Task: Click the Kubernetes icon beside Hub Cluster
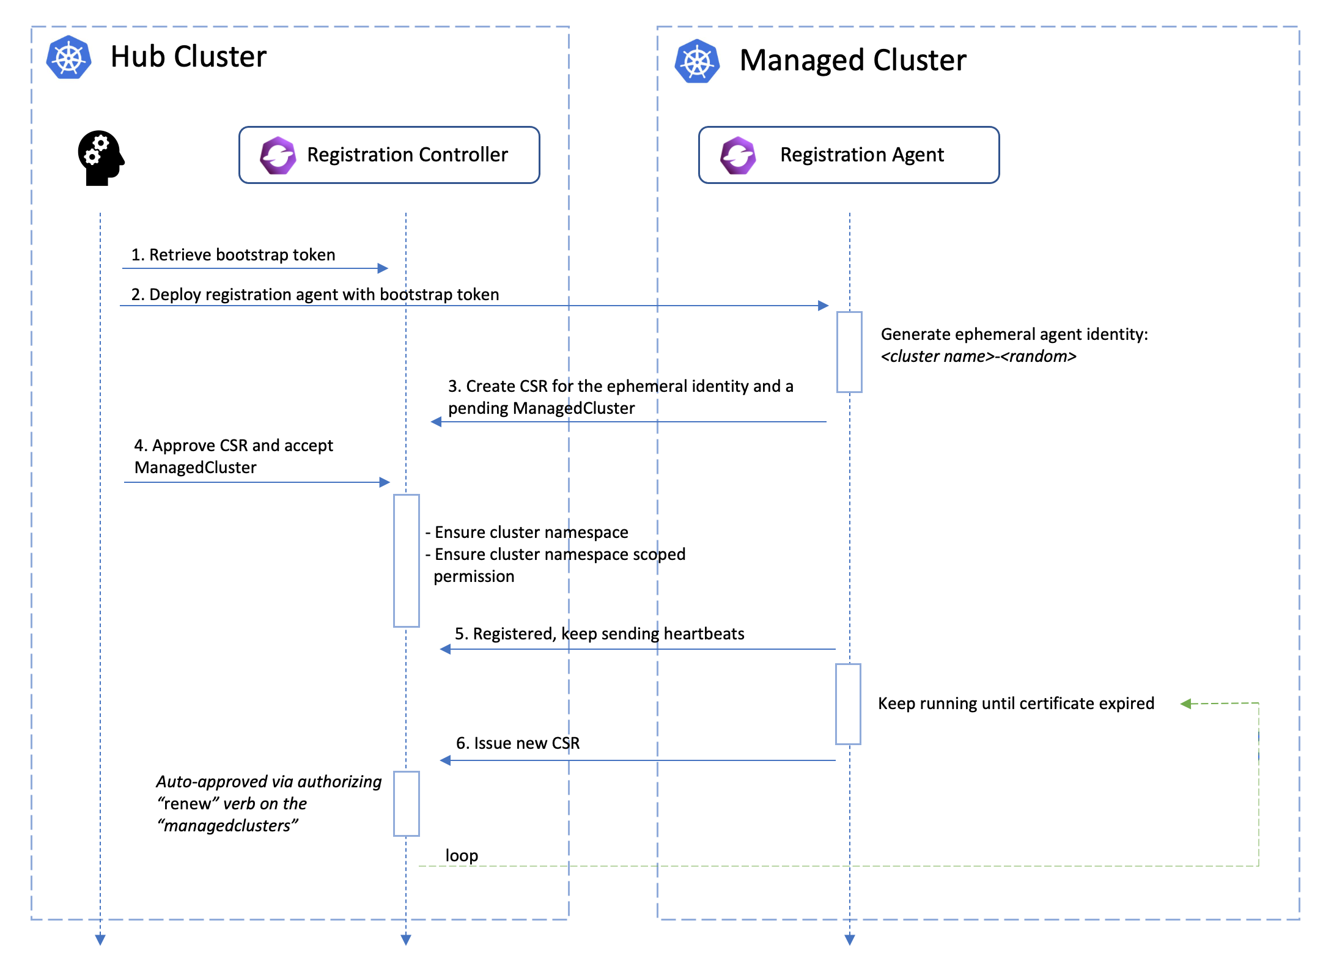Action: pyautogui.click(x=69, y=57)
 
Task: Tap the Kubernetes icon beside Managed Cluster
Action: pyautogui.click(x=697, y=61)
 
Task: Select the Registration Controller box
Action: pyautogui.click(x=389, y=155)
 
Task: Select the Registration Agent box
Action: pyautogui.click(x=849, y=155)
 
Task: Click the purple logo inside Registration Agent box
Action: pyautogui.click(x=738, y=155)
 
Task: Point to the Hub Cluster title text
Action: pyautogui.click(x=188, y=57)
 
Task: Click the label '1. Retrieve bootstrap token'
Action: pyautogui.click(x=233, y=255)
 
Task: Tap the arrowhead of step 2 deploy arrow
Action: pyautogui.click(x=824, y=306)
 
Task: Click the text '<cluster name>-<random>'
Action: pyautogui.click(x=978, y=356)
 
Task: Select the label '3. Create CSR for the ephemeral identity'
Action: pyautogui.click(x=620, y=386)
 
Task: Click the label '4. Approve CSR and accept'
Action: pyautogui.click(x=234, y=446)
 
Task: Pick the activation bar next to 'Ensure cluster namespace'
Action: pyautogui.click(x=407, y=561)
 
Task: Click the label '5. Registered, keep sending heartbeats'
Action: pyautogui.click(x=599, y=634)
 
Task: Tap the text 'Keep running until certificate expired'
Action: pyautogui.click(x=1015, y=704)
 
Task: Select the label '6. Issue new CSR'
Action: pyautogui.click(x=518, y=743)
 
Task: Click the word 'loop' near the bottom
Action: pyautogui.click(x=462, y=856)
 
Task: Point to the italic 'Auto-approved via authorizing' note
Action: pyautogui.click(x=268, y=782)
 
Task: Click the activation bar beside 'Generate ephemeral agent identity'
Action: pyautogui.click(x=849, y=352)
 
